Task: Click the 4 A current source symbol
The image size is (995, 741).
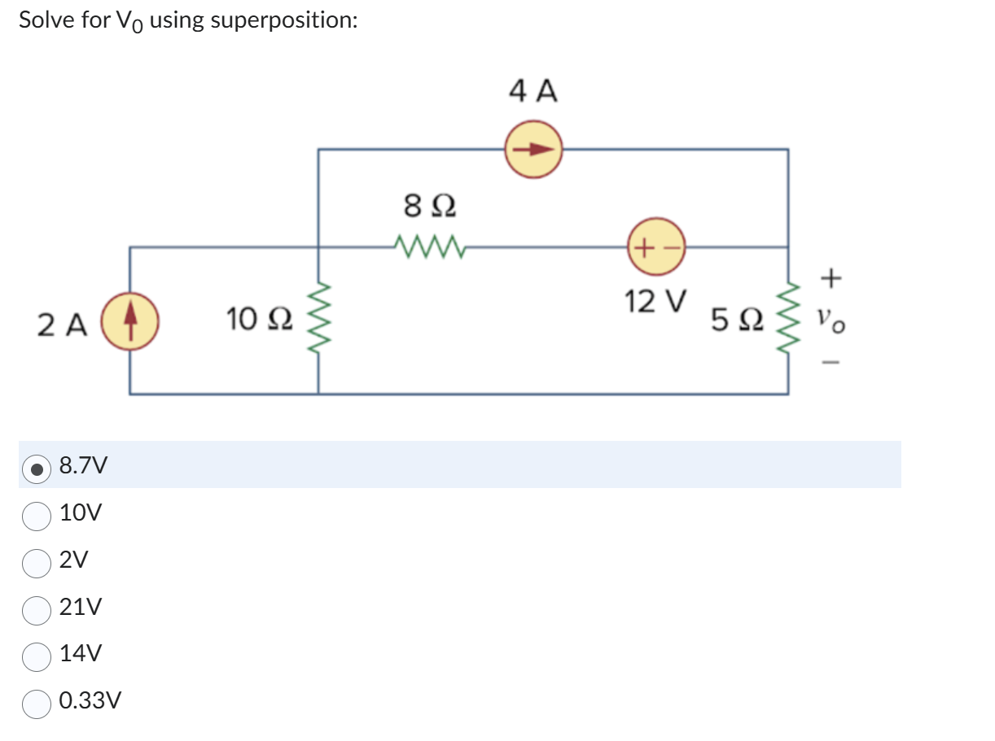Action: tap(533, 150)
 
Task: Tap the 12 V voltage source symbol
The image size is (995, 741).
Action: tap(656, 246)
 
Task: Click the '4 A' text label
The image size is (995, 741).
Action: tap(533, 91)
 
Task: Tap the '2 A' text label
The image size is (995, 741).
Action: tap(62, 325)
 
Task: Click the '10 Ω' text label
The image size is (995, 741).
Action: tap(256, 320)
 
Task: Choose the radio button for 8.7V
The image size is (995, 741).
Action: tap(36, 467)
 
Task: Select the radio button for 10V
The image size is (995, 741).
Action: tap(36, 514)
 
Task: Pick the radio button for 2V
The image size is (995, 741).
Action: tap(36, 561)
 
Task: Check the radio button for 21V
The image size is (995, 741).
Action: tap(36, 608)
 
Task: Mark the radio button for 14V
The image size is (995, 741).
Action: tap(36, 656)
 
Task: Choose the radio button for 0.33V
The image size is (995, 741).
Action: tap(36, 703)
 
